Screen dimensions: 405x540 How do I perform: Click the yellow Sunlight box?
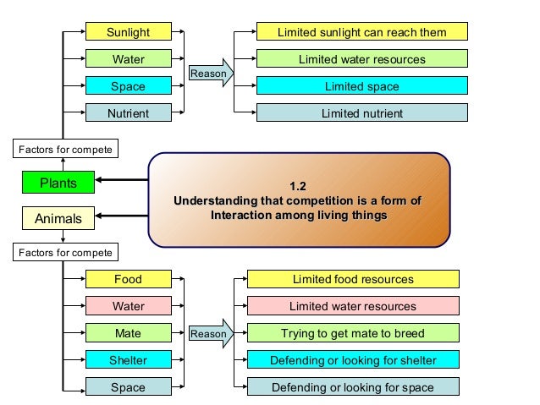pos(128,32)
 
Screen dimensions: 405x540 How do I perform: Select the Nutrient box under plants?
pos(128,112)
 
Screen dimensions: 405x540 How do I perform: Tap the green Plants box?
pos(58,183)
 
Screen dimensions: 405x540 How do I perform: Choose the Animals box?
pos(58,219)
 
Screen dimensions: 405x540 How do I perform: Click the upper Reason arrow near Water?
pos(211,74)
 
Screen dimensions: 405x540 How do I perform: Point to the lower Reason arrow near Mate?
pos(211,333)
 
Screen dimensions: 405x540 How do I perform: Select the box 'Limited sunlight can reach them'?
pos(362,32)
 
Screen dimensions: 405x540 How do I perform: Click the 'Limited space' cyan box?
pos(362,86)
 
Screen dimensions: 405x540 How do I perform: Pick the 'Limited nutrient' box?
pos(362,112)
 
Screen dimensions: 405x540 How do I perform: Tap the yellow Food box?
pos(128,279)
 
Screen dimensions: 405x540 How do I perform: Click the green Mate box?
pos(128,333)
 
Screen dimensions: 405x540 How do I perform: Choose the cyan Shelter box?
pos(128,360)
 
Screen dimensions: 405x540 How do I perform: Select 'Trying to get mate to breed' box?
pos(353,333)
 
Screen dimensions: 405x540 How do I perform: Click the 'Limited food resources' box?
pos(353,279)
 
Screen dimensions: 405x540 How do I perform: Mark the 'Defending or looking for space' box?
pos(353,387)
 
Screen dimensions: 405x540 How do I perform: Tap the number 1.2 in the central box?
pos(298,186)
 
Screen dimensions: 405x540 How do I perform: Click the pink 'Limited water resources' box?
pos(353,306)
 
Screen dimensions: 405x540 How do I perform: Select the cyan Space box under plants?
pos(128,86)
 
